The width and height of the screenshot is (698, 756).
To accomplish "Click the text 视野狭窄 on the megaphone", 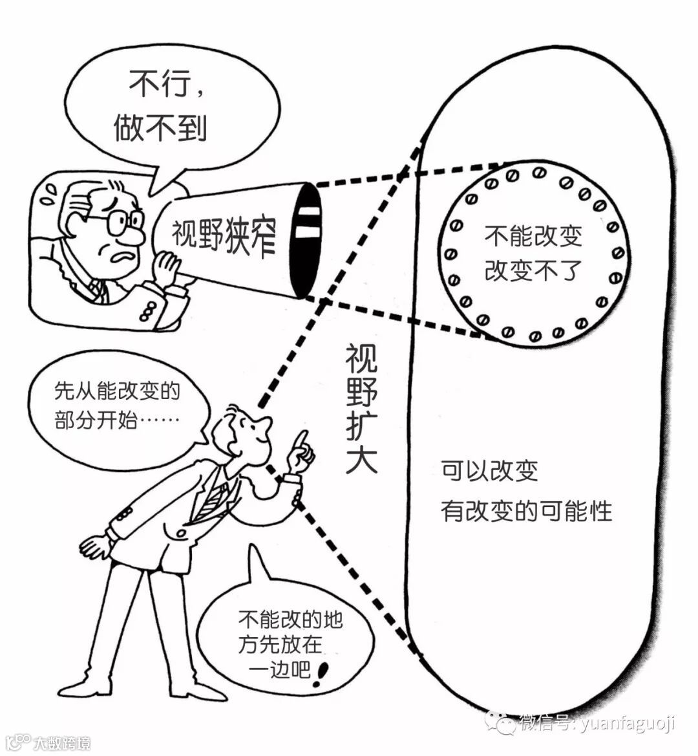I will pyautogui.click(x=224, y=236).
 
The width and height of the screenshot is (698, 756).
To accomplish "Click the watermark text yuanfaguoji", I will pyautogui.click(x=627, y=723).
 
